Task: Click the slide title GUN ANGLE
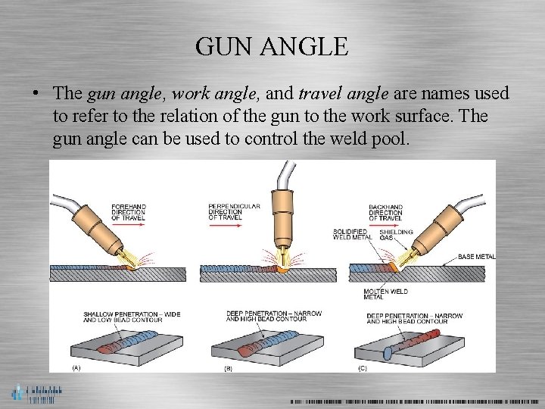click(272, 47)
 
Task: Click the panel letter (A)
click(76, 367)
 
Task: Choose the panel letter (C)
click(362, 367)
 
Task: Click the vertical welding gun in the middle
click(284, 216)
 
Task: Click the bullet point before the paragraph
click(35, 94)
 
